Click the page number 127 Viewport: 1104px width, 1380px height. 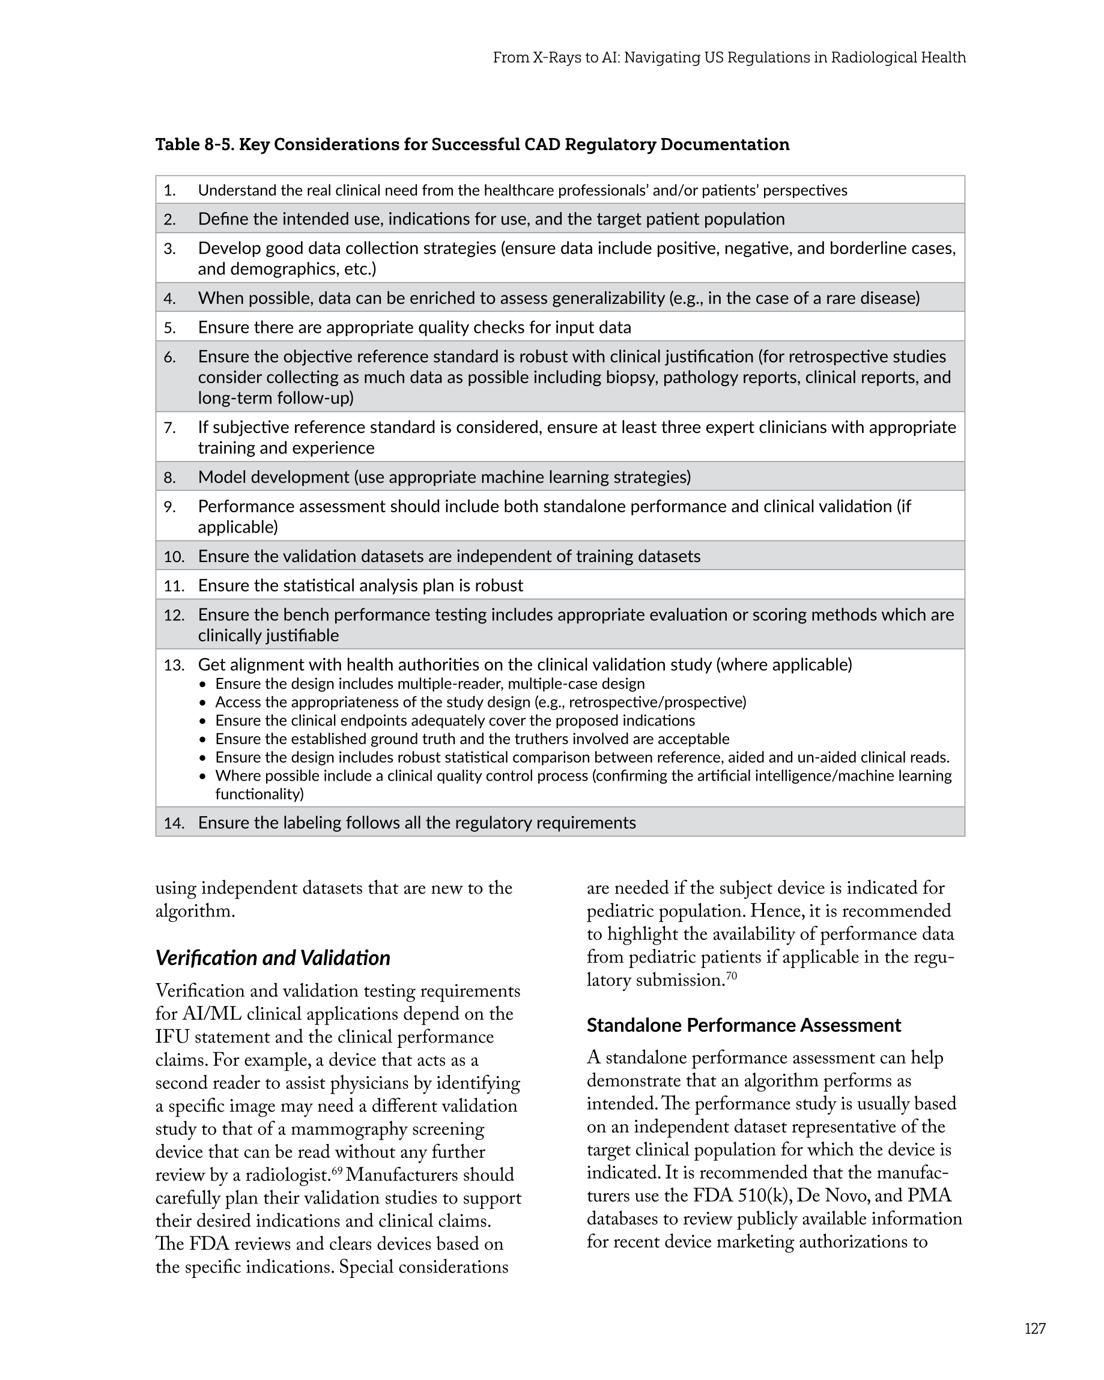pos(1035,1328)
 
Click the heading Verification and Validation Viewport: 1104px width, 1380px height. pos(273,958)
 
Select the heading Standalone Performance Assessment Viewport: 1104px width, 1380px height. pos(744,1026)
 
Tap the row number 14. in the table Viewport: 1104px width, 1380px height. pos(174,823)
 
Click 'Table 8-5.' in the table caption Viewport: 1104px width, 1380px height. pos(195,145)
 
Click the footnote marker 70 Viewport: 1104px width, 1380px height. pos(732,976)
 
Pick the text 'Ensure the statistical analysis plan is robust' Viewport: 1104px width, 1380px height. pos(360,586)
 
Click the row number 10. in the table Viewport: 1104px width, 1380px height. pos(174,557)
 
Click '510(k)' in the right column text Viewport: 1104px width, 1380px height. pos(762,1196)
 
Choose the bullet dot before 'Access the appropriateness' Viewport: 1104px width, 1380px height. pos(203,703)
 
